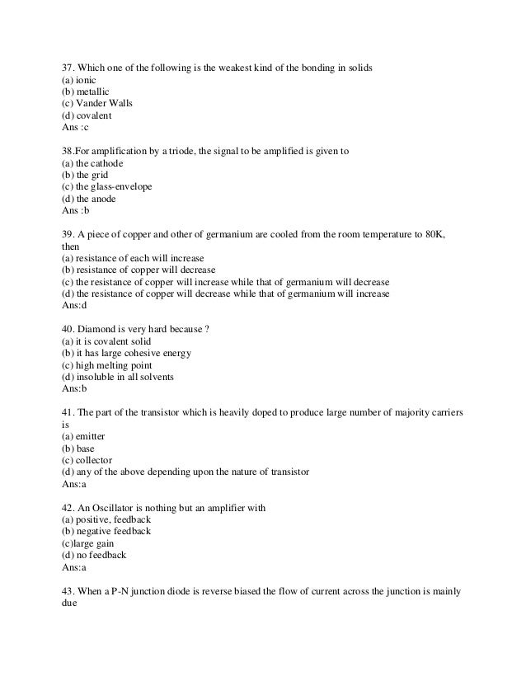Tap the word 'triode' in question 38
(195, 151)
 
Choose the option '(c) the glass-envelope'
(107, 186)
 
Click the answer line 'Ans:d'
(74, 305)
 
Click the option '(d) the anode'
(90, 198)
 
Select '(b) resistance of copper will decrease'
(139, 270)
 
